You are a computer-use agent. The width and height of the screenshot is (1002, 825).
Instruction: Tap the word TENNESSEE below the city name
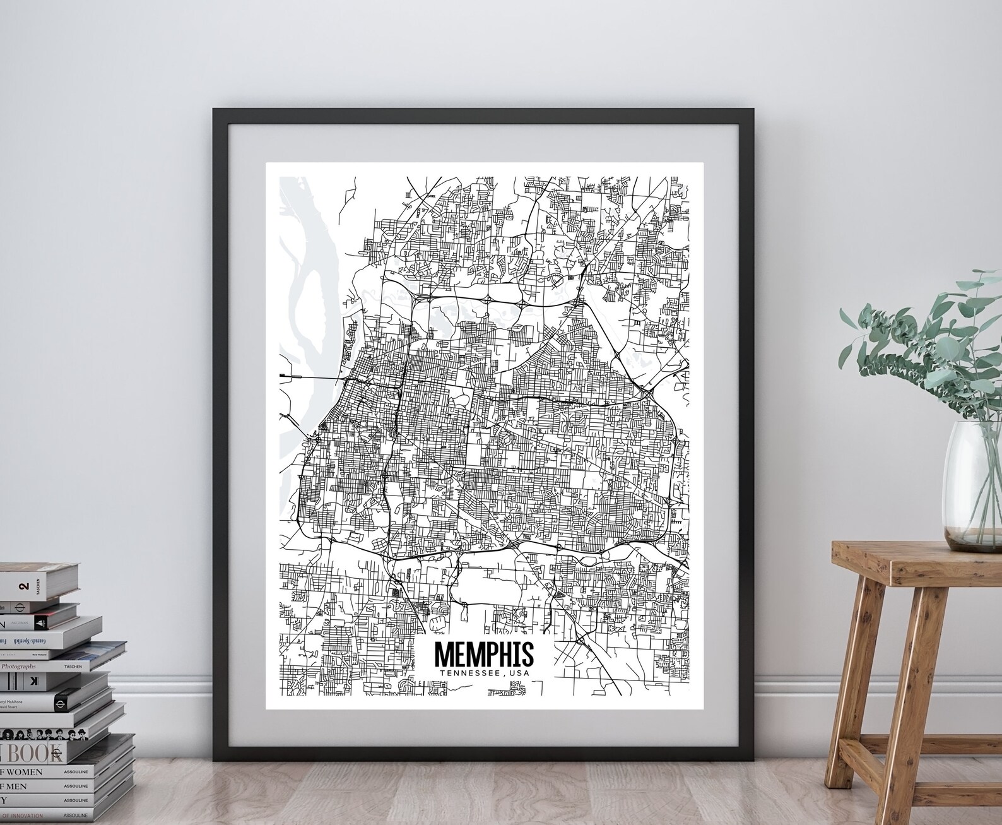click(464, 674)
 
